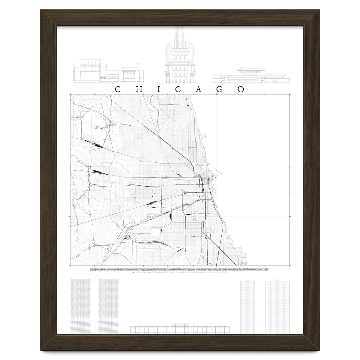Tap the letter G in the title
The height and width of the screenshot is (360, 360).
219,89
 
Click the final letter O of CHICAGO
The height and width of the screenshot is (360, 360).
241,89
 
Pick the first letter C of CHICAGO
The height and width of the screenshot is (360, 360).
118,89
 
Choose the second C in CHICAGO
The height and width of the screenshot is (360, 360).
179,89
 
